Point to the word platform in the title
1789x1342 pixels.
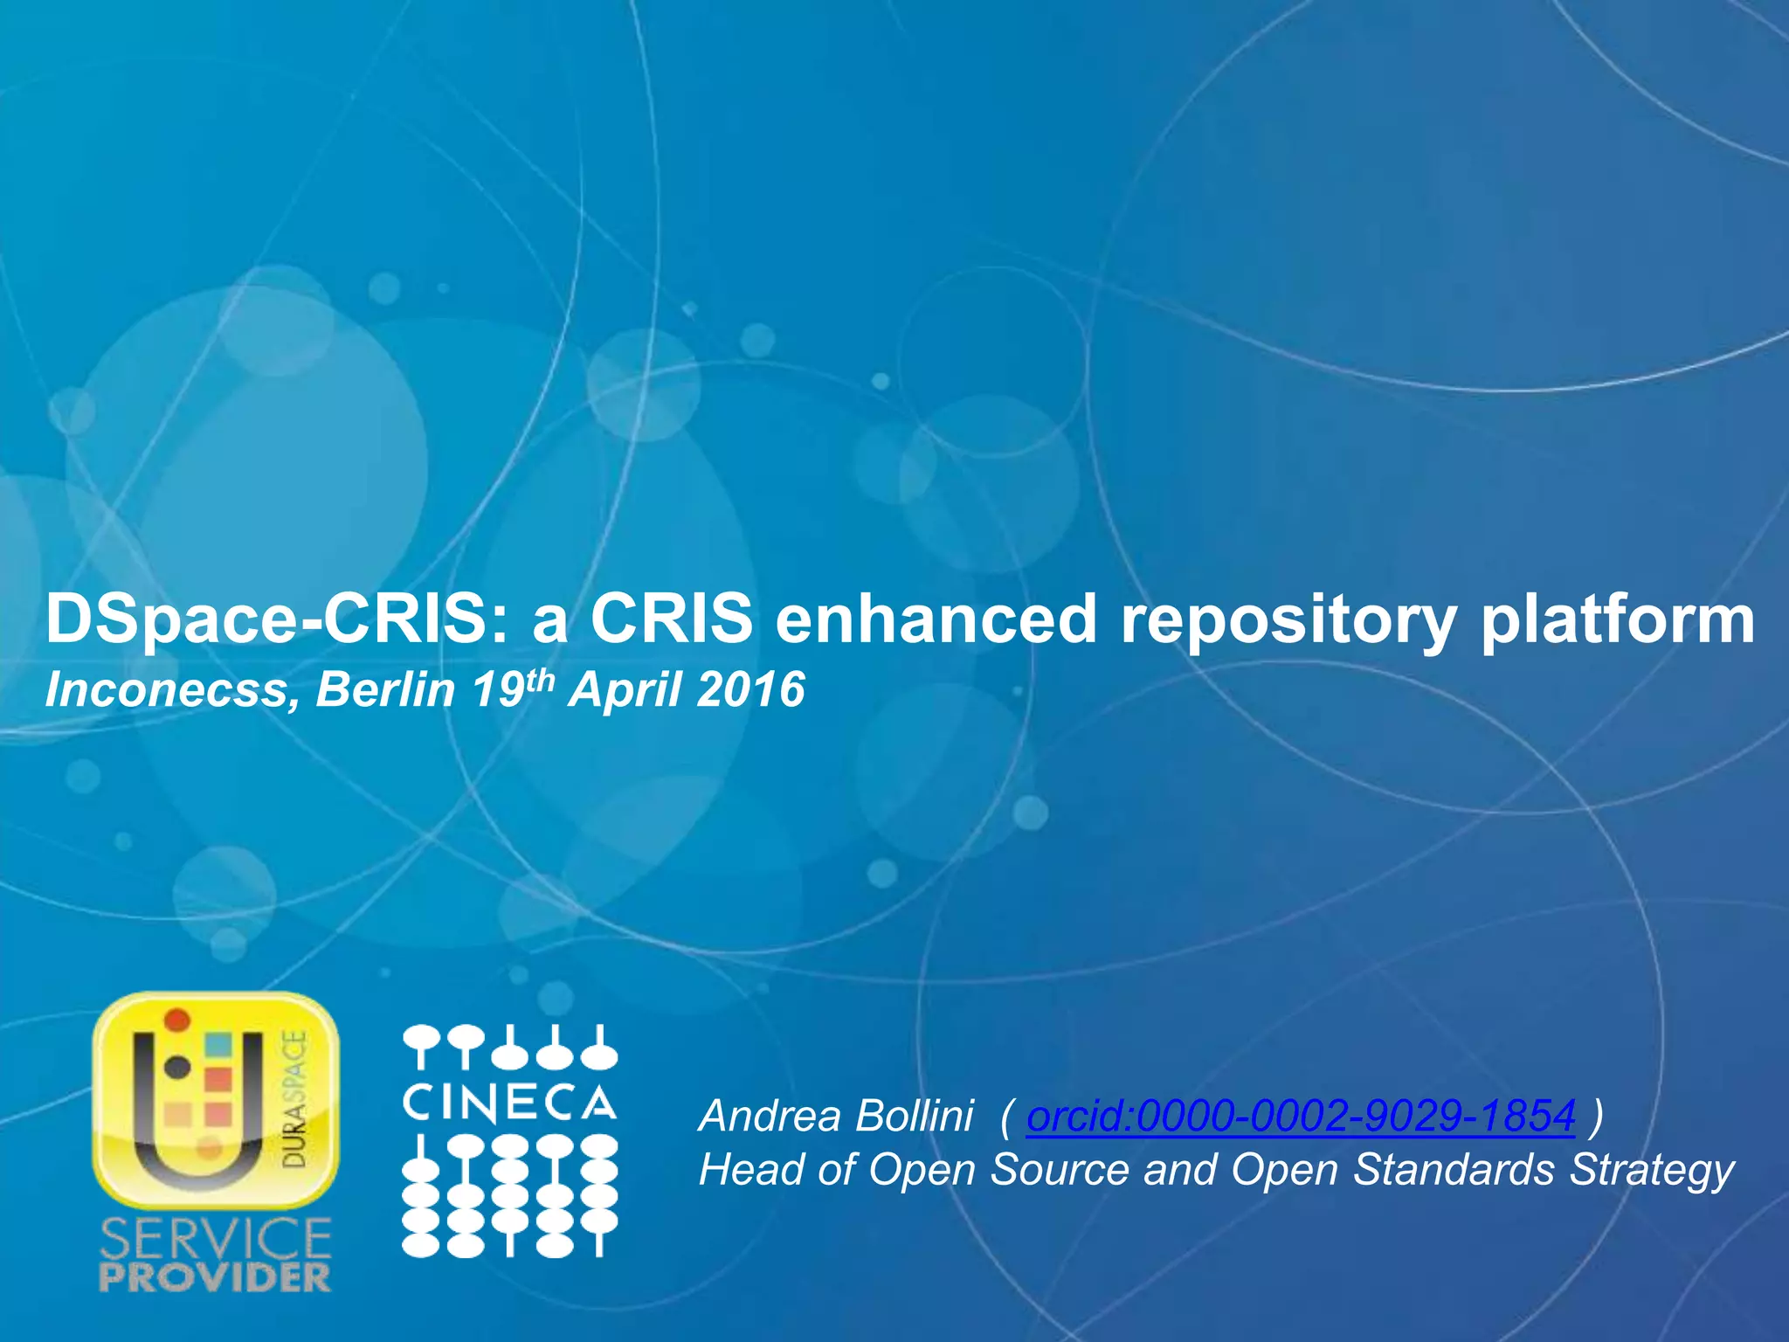click(x=1617, y=619)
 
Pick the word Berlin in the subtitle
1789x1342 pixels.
click(x=385, y=690)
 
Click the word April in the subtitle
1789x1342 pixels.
click(x=624, y=690)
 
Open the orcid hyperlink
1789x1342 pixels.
click(x=1301, y=1116)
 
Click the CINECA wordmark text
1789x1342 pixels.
click(x=509, y=1103)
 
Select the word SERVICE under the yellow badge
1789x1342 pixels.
click(x=216, y=1239)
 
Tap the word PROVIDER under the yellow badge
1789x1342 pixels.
click(x=216, y=1278)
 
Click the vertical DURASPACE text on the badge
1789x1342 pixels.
click(x=297, y=1098)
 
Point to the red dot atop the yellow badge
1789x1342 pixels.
click(x=178, y=1019)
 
